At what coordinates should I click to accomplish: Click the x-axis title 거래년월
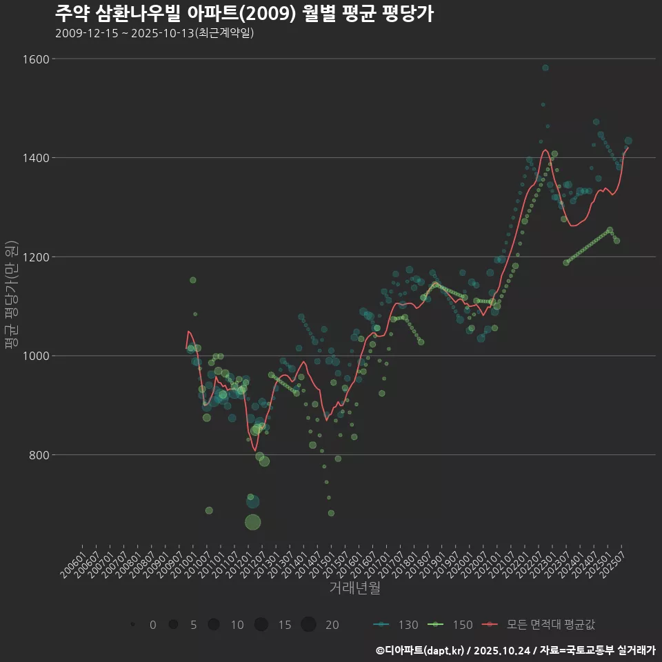354,588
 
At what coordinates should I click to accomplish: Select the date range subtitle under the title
154,33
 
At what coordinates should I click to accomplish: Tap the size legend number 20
332,625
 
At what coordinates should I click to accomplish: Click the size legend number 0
152,625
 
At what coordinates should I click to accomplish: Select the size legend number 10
237,625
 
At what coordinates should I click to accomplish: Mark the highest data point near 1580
545,68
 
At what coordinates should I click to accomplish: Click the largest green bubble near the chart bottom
253,522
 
